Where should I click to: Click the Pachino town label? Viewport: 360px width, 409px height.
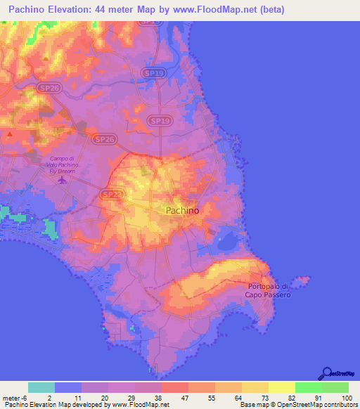182,210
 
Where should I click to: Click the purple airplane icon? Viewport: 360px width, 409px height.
62,179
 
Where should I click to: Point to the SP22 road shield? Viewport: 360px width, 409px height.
110,193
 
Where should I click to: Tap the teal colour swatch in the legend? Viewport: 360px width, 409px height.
41,387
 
